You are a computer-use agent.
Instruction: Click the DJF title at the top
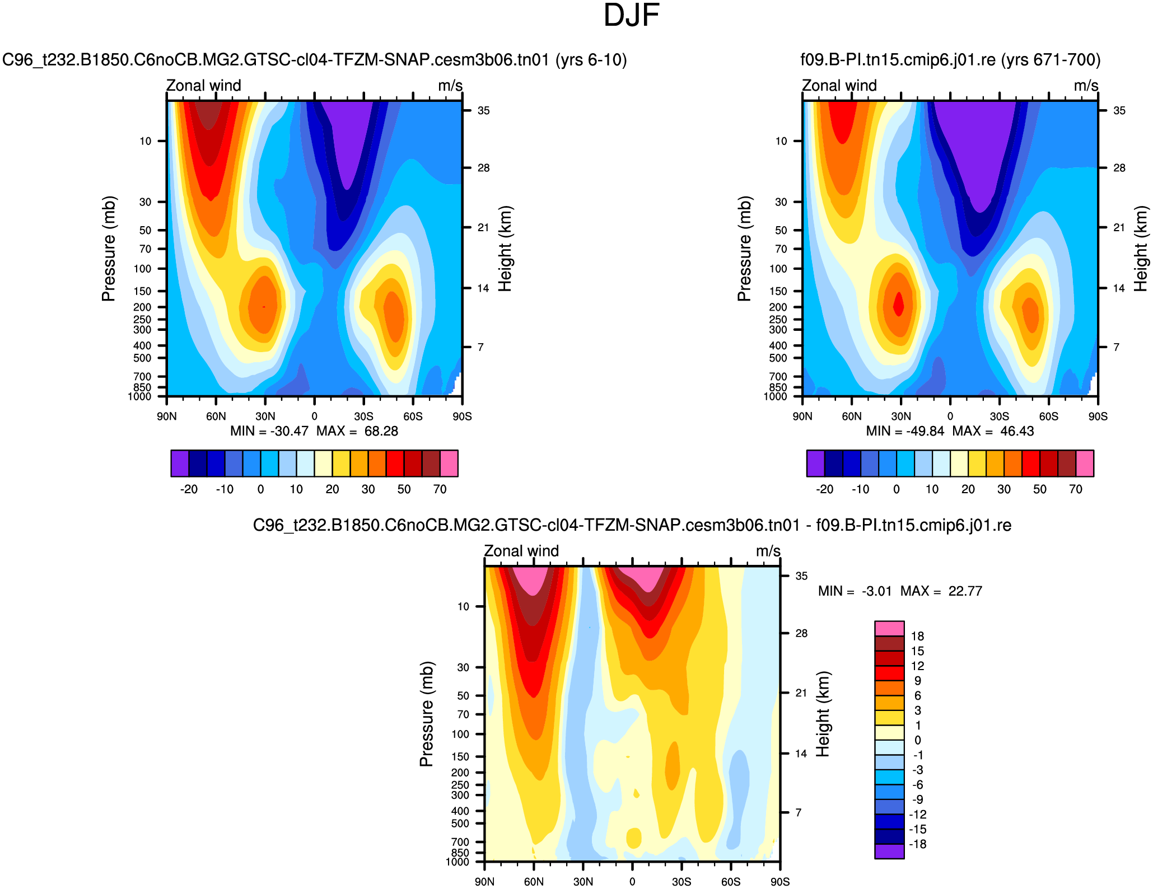(x=631, y=16)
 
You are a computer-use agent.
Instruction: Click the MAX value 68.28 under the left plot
(x=381, y=431)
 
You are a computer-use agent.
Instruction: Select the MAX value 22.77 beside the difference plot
(x=965, y=591)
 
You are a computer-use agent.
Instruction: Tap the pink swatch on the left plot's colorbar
(x=449, y=463)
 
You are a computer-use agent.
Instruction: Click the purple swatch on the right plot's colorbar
(x=815, y=463)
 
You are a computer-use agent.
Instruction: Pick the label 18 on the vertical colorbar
(x=917, y=636)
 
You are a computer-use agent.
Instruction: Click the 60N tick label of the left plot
(x=216, y=417)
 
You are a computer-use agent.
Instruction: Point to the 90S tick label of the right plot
(x=1098, y=417)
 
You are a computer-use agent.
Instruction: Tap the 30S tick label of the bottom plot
(x=681, y=882)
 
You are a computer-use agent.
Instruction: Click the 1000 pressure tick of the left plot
(x=139, y=397)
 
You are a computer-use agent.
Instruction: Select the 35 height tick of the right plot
(x=1119, y=111)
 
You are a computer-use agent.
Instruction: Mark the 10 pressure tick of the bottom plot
(x=463, y=606)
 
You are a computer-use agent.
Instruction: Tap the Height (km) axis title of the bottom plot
(x=822, y=714)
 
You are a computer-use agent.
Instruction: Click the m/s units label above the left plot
(x=450, y=86)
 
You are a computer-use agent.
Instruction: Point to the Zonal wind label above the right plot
(x=839, y=86)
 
